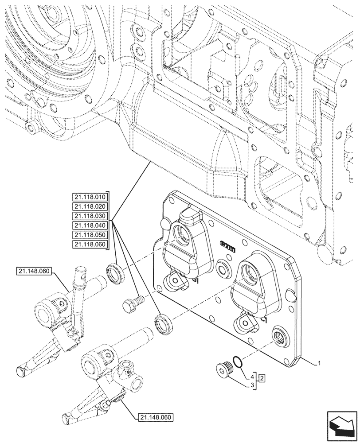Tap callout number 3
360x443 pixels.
(253, 386)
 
